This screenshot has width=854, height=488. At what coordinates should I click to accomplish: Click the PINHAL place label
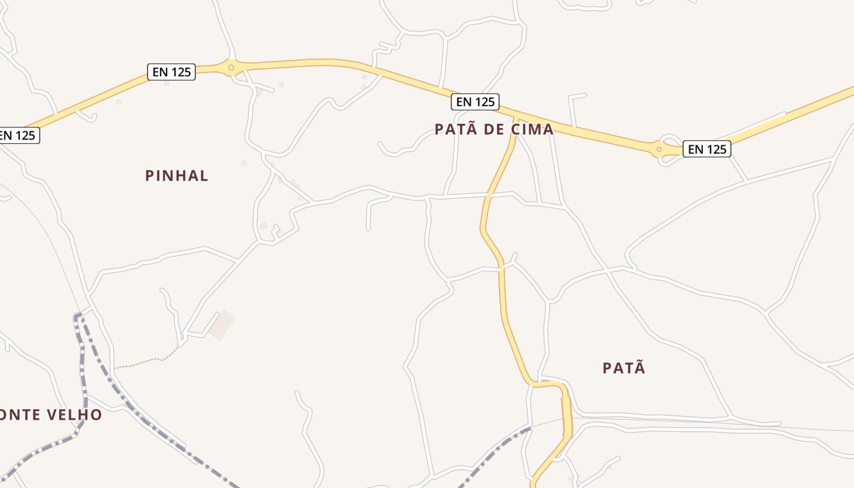177,176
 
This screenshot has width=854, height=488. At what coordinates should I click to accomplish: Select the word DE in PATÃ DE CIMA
487,129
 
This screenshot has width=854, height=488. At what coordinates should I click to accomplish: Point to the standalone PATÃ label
624,368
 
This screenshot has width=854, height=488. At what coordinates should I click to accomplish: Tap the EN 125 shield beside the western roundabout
171,72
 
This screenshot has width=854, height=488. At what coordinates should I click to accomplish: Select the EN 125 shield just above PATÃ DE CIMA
475,102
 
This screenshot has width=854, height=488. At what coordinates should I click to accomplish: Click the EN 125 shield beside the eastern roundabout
707,148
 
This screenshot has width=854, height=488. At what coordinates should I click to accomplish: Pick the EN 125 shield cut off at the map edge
18,135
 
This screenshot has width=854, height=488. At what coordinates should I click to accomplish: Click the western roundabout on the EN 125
231,67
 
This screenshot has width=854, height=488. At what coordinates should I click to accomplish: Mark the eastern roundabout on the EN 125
659,149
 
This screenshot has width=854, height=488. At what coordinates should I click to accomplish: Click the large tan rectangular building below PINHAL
222,325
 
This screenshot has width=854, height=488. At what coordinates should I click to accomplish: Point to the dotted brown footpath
146,361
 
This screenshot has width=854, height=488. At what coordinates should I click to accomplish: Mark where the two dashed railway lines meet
78,316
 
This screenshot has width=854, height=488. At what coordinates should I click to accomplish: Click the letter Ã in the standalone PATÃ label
640,368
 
